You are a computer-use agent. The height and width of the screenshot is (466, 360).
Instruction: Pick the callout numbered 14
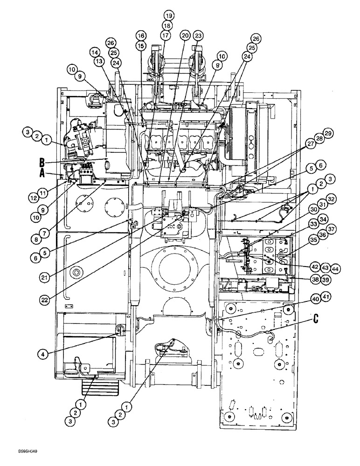click(96, 52)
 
